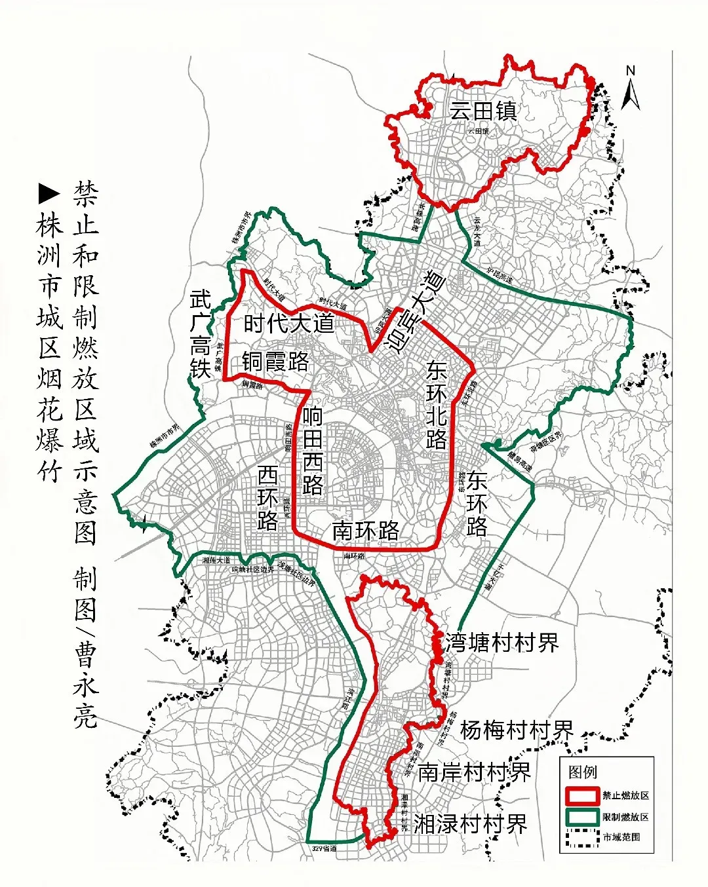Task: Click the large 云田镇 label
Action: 483,111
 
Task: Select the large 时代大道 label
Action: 289,324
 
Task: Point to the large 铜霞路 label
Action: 275,361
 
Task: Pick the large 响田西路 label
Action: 313,451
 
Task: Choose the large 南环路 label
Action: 365,531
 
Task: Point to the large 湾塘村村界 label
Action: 502,643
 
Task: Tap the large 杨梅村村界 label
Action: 517,729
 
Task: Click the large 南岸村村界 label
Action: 474,772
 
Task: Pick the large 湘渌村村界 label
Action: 470,824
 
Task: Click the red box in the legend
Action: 581,795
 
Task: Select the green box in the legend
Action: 581,817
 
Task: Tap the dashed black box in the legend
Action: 581,838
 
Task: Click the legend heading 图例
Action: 583,772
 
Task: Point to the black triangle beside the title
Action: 49,193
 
